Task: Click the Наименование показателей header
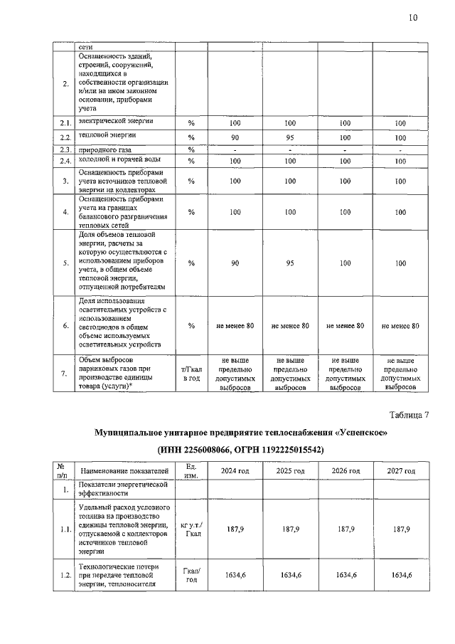pyautogui.click(x=125, y=471)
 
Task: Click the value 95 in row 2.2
pyautogui.click(x=289, y=137)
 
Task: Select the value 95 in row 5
pyautogui.click(x=289, y=263)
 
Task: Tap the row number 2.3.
pyautogui.click(x=65, y=149)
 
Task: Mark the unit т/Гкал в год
pyautogui.click(x=191, y=373)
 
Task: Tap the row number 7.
pyautogui.click(x=65, y=373)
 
